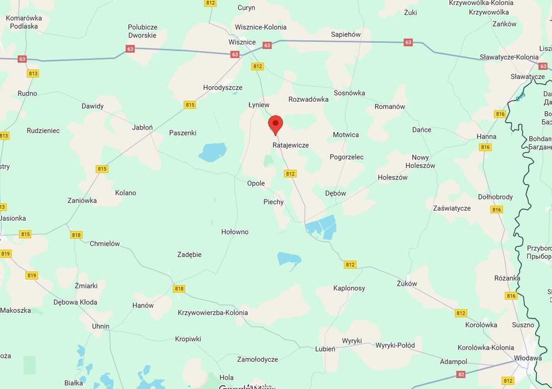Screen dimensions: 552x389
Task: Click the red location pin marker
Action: pos(275,124)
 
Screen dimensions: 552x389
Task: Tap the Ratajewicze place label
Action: pos(290,145)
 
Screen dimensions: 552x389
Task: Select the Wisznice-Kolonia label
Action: pos(260,27)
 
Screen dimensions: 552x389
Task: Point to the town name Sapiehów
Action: pos(345,34)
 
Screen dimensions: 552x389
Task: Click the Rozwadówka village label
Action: pos(308,99)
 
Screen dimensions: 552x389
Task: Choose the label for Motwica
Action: pos(345,135)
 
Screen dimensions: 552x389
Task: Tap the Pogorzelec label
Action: pos(347,157)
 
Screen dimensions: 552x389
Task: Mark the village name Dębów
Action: pos(335,193)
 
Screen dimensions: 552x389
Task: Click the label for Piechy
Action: pos(273,202)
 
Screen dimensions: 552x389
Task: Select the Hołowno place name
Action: pos(235,232)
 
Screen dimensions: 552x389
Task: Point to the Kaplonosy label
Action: pos(349,288)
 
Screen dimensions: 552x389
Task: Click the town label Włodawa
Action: pos(528,358)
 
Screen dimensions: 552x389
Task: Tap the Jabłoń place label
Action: pos(142,127)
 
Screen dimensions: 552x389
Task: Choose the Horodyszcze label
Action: pos(223,88)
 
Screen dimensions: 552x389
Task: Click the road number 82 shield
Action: pos(461,375)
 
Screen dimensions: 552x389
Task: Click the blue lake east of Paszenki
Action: pos(213,152)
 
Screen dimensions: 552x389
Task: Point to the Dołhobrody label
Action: pos(495,197)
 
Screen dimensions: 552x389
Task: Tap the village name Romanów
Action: pos(390,107)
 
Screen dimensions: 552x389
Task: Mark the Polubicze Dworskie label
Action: pos(142,31)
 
